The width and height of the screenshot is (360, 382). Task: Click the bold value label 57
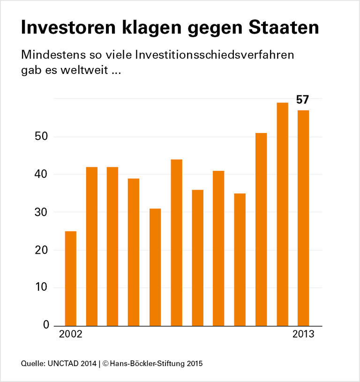[x=302, y=100]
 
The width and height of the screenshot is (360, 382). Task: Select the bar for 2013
[x=303, y=218]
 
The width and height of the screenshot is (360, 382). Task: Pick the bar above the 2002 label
[x=70, y=279]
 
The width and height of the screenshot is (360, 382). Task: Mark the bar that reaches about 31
[x=155, y=267]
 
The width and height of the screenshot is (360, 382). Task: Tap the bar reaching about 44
[x=176, y=242]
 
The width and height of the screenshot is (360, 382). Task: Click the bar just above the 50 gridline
[x=261, y=229]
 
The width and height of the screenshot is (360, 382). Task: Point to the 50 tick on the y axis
[x=43, y=137]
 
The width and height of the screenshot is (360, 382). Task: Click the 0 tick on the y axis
[x=46, y=325]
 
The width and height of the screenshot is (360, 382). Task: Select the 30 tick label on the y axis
[x=43, y=212]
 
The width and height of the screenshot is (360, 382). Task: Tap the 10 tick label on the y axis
[x=43, y=287]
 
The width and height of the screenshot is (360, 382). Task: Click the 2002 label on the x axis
[x=70, y=335]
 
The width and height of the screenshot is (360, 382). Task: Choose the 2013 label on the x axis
[x=303, y=335]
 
